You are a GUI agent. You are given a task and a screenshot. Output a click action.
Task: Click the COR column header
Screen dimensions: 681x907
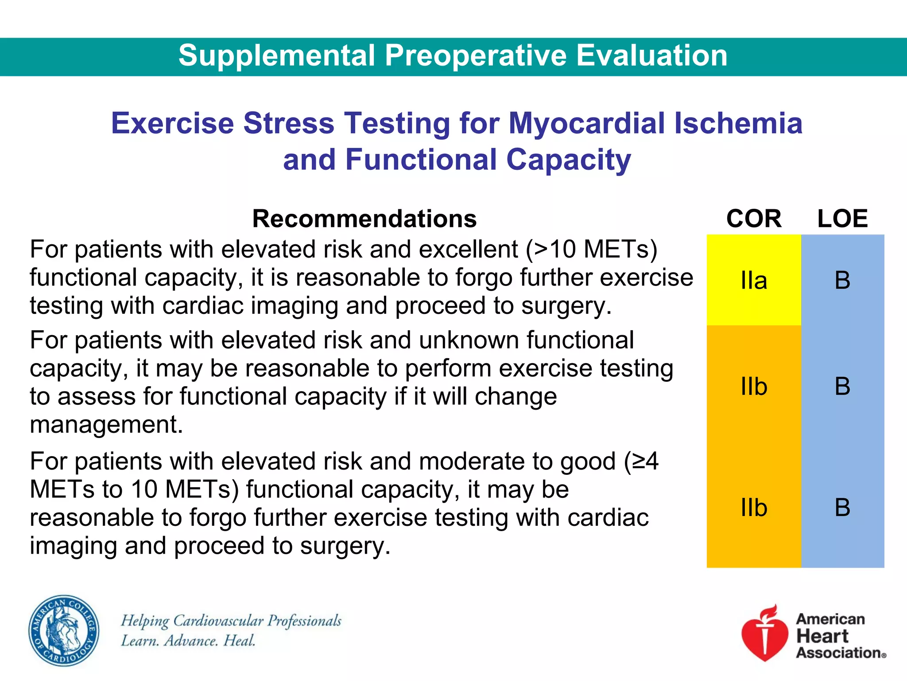tap(754, 219)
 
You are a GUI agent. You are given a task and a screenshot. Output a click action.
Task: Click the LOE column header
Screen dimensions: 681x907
tap(842, 219)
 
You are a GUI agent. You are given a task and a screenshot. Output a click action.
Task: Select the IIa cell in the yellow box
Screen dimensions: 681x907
tap(754, 281)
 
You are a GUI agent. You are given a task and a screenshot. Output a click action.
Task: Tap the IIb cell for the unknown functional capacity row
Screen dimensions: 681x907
tap(754, 387)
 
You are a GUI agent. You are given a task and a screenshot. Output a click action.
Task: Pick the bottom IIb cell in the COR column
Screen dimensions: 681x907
tap(754, 508)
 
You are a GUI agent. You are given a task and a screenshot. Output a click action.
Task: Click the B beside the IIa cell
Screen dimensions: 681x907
tap(842, 281)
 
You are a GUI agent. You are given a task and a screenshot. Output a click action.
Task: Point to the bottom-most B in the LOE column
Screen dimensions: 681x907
tap(842, 508)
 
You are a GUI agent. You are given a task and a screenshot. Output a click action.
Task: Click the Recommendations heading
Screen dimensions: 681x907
tap(364, 219)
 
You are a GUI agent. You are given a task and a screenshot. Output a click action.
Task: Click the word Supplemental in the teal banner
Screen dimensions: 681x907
tap(277, 56)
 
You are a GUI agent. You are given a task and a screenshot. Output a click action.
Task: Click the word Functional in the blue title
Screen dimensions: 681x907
tap(421, 160)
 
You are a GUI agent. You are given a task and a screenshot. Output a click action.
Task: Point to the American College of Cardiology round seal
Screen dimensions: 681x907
tap(64, 630)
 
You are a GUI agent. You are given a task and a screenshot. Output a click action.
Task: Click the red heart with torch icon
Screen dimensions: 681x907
tap(765, 634)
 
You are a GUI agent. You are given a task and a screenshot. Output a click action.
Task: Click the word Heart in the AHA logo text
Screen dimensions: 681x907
tap(822, 636)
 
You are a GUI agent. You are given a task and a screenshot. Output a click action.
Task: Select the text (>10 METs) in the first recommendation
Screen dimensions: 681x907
tap(591, 250)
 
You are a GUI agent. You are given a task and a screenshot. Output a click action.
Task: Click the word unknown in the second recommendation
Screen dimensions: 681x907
tap(469, 340)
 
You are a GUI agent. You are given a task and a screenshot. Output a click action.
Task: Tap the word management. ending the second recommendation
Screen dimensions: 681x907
tap(106, 425)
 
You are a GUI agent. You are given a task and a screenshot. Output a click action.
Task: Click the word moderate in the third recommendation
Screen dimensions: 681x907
tap(472, 462)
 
